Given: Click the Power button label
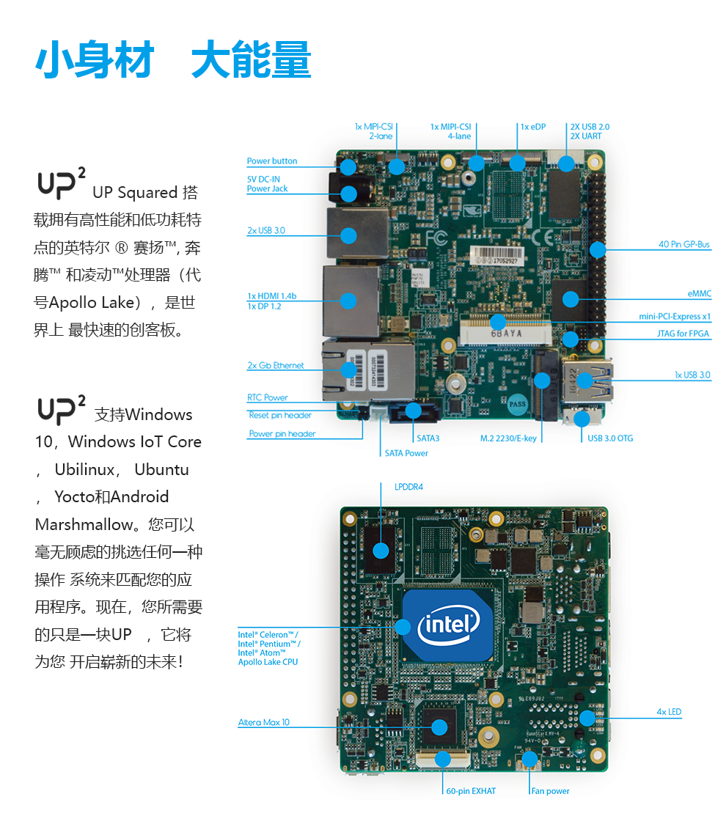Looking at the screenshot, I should (x=272, y=161).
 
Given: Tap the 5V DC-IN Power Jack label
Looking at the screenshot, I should (x=267, y=184).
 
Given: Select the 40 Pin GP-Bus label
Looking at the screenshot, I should (x=683, y=245).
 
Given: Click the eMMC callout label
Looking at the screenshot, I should (x=699, y=294).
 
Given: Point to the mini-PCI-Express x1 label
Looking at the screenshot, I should (x=675, y=317).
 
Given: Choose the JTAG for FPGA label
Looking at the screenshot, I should (x=683, y=334).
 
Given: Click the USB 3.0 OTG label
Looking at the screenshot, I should (x=610, y=438).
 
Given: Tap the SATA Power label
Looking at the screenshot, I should (x=406, y=453).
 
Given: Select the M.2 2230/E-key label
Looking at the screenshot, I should (x=508, y=438).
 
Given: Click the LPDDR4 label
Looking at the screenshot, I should (x=408, y=487).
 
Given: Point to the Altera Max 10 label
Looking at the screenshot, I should (x=263, y=723).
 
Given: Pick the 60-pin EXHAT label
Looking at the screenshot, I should (x=471, y=792).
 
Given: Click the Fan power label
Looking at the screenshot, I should (x=550, y=792).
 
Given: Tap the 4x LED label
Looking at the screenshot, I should (x=669, y=712).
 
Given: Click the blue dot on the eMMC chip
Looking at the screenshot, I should (x=570, y=298).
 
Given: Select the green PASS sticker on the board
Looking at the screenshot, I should (x=518, y=403).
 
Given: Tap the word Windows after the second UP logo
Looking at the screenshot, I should (x=158, y=415).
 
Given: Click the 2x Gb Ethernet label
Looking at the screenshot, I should (x=275, y=366).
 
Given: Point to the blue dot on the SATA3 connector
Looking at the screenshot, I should (x=414, y=411).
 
